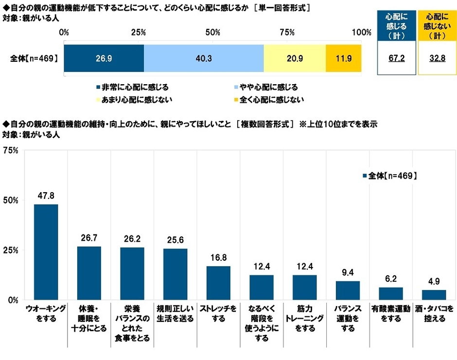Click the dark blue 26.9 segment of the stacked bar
[x=104, y=58]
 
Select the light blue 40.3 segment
[x=204, y=58]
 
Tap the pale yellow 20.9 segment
[x=295, y=58]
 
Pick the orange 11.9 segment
[x=343, y=58]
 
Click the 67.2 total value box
[x=396, y=58]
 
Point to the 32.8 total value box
[x=437, y=58]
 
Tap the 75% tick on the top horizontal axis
[x=287, y=33]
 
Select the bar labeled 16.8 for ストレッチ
[x=218, y=283]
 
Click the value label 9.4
[x=348, y=271]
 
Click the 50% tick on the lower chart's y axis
[x=11, y=200]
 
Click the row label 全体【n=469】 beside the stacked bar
[x=34, y=59]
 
